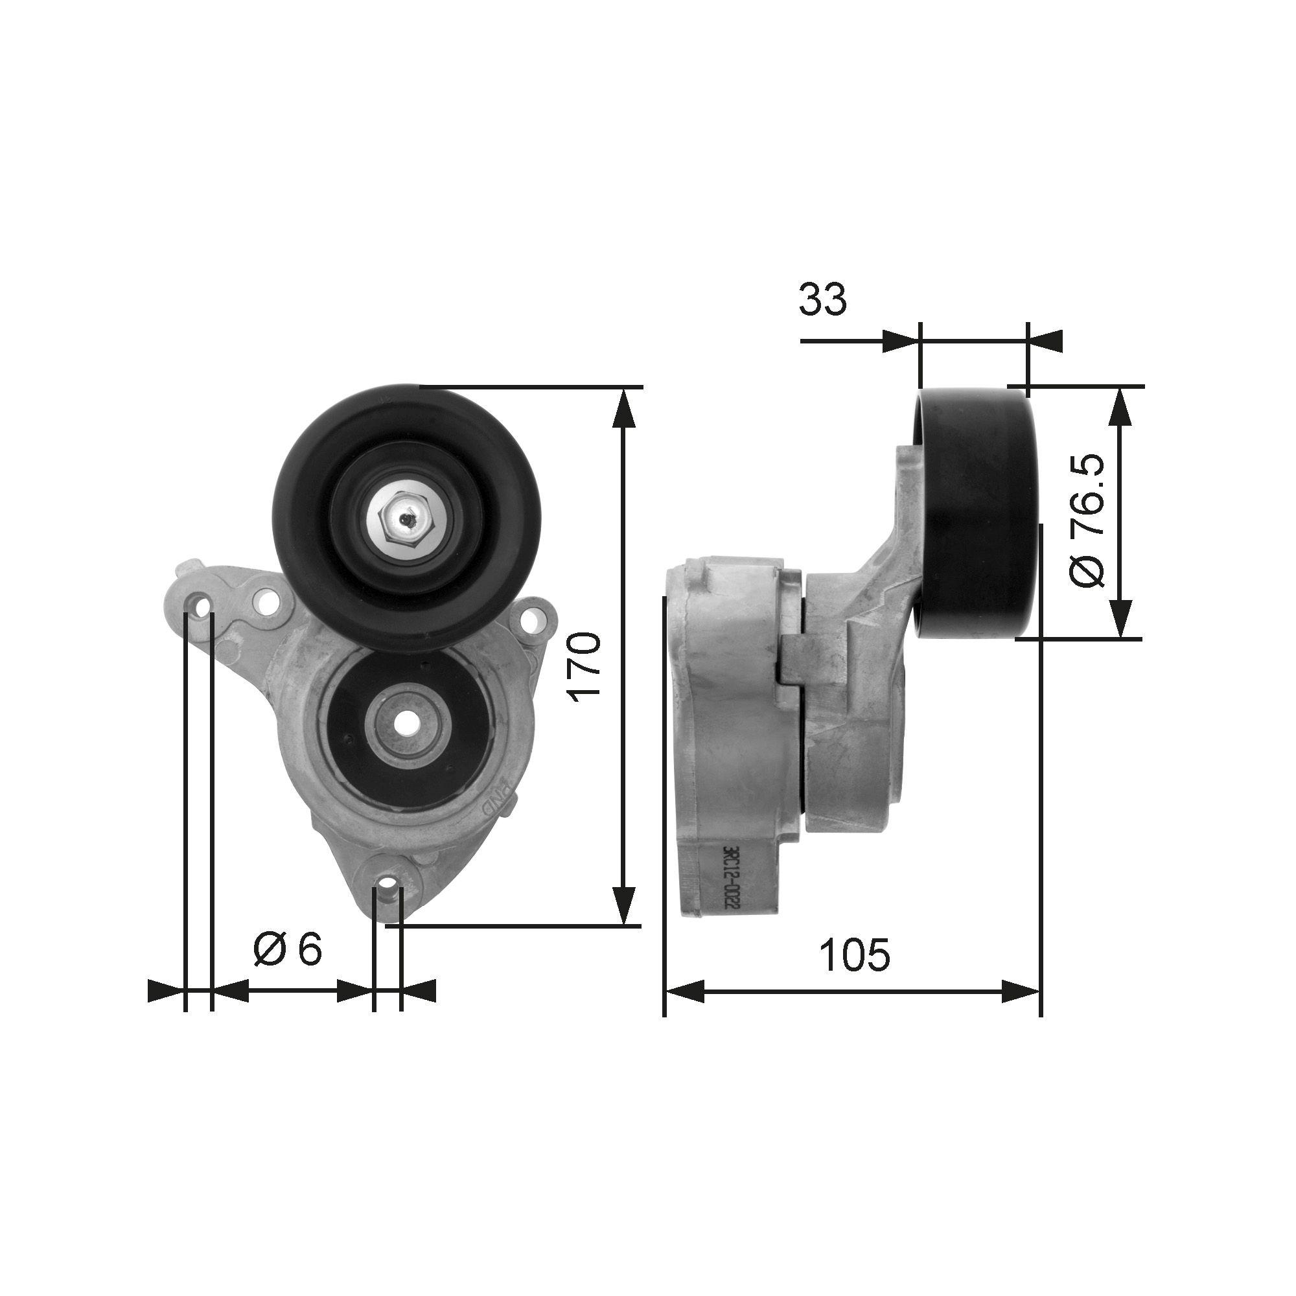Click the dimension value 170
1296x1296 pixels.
(x=583, y=667)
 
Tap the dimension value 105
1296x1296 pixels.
(x=855, y=954)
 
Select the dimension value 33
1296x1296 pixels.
(x=822, y=299)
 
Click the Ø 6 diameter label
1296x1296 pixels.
(x=288, y=950)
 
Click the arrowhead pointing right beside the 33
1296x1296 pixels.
(x=899, y=341)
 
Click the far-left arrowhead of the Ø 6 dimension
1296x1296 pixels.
(x=165, y=990)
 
